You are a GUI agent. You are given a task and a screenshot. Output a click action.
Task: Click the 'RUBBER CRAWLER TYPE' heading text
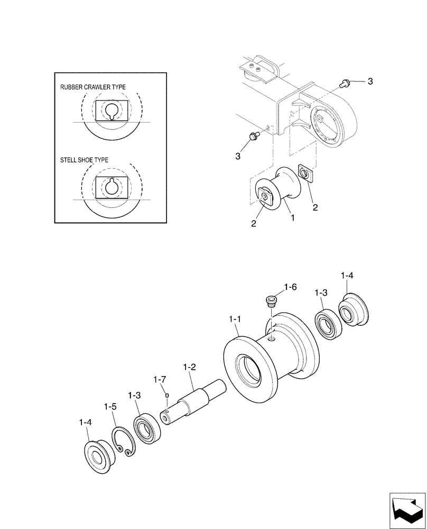click(x=92, y=87)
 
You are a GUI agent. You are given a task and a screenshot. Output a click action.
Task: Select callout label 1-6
click(x=291, y=287)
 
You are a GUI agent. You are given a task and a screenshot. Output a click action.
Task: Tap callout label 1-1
click(x=235, y=320)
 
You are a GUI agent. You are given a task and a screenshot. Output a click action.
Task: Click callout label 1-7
click(x=160, y=379)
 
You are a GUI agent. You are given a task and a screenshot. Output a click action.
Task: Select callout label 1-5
click(x=110, y=406)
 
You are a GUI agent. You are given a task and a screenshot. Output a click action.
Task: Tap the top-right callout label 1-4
click(x=347, y=275)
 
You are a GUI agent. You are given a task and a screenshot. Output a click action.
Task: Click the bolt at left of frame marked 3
click(x=253, y=136)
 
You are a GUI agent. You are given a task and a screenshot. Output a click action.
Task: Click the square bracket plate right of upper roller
click(x=305, y=173)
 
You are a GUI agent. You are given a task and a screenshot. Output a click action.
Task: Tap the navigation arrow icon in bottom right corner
click(x=406, y=510)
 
